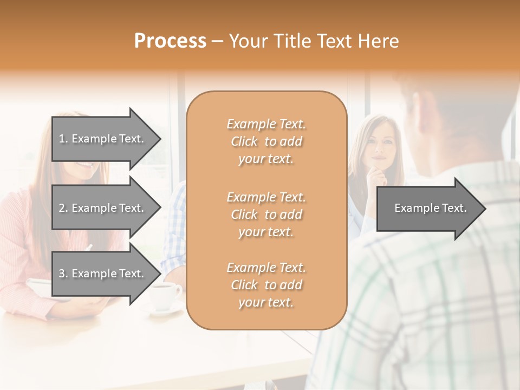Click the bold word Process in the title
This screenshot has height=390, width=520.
(x=170, y=41)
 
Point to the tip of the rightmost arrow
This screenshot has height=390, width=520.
(x=485, y=209)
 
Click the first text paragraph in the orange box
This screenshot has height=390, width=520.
(x=266, y=141)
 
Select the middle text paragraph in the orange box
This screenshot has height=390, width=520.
(x=266, y=214)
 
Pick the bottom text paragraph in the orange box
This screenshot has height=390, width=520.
(x=266, y=285)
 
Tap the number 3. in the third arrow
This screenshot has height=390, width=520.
(x=63, y=274)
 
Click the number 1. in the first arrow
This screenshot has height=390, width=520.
(x=63, y=139)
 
